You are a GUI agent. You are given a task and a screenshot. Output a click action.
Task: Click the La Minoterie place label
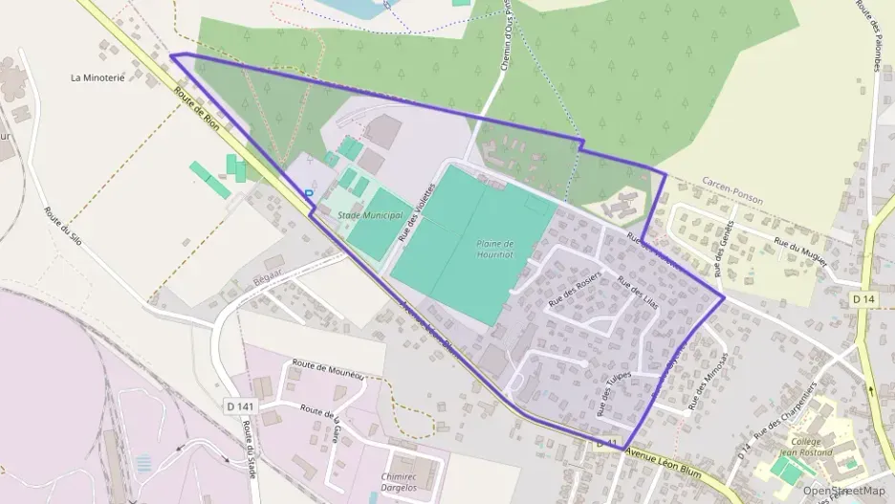click(98, 77)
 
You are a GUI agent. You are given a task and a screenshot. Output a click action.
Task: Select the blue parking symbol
click(309, 193)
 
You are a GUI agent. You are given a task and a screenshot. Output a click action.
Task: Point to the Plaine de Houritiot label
click(495, 250)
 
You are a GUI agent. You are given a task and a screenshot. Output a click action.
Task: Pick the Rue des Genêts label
click(723, 254)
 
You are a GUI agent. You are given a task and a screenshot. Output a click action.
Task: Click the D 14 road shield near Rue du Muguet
click(862, 299)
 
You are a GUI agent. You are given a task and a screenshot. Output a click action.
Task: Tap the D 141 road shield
click(243, 405)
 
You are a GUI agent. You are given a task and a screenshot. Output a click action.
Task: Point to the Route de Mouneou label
click(329, 371)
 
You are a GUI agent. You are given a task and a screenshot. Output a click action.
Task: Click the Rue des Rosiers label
click(574, 290)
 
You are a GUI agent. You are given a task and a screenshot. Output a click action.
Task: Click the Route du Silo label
click(63, 227)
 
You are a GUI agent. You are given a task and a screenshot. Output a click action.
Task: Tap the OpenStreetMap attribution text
click(844, 490)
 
